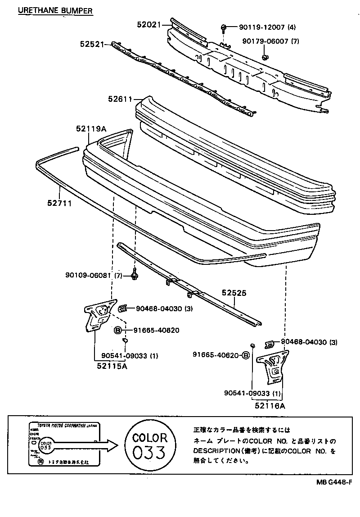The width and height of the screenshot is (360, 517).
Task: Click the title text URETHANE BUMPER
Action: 55,9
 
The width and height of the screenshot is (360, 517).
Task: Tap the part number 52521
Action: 92,44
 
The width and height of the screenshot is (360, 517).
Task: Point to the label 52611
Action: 119,99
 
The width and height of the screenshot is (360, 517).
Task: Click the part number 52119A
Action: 91,129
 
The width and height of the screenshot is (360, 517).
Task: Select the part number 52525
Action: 234,292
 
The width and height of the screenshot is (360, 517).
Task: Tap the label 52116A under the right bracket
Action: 270,406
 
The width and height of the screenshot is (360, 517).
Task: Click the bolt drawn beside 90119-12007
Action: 223,29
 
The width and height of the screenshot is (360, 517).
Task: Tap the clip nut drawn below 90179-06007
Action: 265,57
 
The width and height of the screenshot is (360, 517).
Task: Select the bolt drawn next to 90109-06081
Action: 134,272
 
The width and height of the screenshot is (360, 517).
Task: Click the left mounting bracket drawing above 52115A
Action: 98,315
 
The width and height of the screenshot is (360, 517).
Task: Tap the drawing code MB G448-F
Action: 333,482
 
